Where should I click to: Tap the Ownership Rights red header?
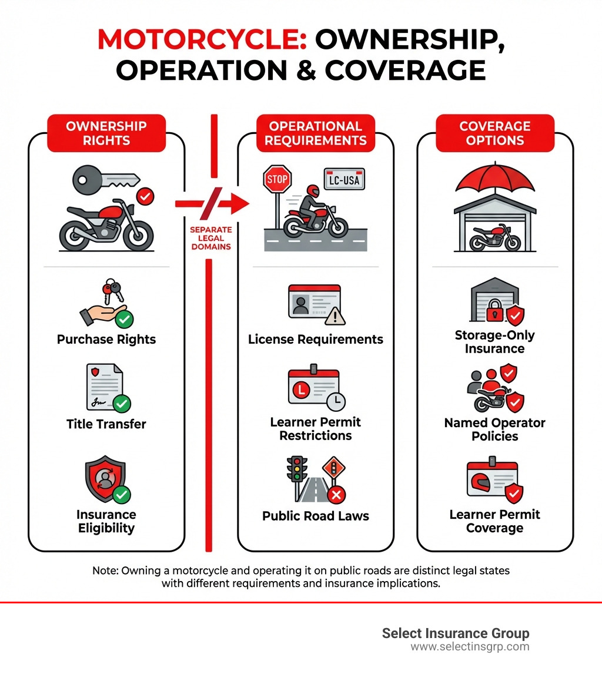106,133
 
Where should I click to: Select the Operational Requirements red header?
316,133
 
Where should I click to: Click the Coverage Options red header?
495,133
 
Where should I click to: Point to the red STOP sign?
277,179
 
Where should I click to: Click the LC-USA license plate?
344,179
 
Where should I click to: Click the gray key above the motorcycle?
105,178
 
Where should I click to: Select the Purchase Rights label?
106,340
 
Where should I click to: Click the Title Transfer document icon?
105,386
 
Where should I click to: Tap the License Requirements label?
316,340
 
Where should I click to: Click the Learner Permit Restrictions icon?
314,387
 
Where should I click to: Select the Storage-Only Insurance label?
495,342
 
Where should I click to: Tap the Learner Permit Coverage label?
495,521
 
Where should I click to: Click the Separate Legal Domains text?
210,238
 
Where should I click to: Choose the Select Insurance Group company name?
456,633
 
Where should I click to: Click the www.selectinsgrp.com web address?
470,647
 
